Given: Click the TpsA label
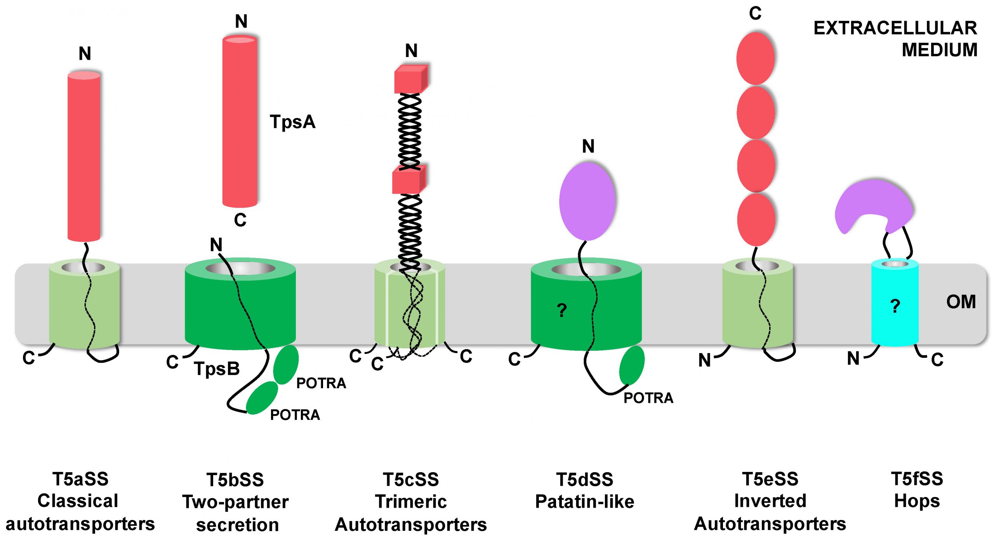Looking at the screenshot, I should pyautogui.click(x=292, y=122).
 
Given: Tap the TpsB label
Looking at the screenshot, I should pyautogui.click(x=217, y=369).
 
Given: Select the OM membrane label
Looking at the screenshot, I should pyautogui.click(x=961, y=302).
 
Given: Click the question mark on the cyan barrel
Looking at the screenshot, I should pyautogui.click(x=895, y=306).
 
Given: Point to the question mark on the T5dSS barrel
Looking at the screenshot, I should pyautogui.click(x=561, y=310).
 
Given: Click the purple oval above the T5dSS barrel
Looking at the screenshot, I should pyautogui.click(x=587, y=201).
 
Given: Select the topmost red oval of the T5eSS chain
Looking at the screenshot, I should pyautogui.click(x=755, y=58).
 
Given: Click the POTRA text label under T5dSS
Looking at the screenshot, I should pyautogui.click(x=648, y=398).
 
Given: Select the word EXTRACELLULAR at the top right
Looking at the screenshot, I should pyautogui.click(x=895, y=28).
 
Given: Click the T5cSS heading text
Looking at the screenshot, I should pyautogui.click(x=411, y=480).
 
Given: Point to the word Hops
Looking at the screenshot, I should pyautogui.click(x=917, y=501).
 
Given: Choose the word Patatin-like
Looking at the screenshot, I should pyautogui.click(x=584, y=502).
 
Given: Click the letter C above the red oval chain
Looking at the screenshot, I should pyautogui.click(x=755, y=14).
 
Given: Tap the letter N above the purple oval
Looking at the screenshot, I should pyautogui.click(x=588, y=146).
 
